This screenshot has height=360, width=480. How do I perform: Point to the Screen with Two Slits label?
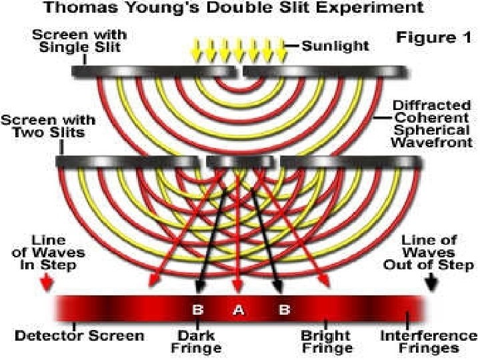48,127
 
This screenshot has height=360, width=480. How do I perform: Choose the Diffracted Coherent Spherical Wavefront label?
431,124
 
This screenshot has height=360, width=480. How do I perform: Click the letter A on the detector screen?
237,309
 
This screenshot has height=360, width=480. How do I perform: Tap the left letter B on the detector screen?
197,309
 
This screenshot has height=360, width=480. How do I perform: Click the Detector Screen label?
79,335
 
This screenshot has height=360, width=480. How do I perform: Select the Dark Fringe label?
196,341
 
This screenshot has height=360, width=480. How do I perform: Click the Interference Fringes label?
428,341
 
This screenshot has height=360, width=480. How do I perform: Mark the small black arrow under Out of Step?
431,283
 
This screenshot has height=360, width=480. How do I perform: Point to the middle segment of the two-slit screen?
239,162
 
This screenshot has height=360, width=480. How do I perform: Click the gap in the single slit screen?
239,70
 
